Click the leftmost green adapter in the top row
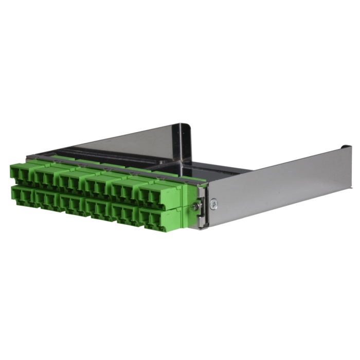coord(21,173)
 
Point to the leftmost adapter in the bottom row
coord(21,196)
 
